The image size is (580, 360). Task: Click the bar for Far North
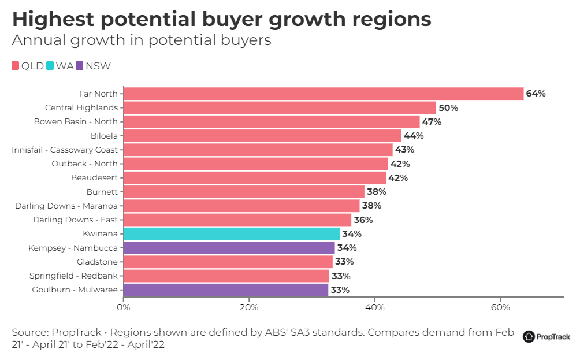[324, 94]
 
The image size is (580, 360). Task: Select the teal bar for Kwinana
[232, 233]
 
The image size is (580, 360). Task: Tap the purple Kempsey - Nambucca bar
[229, 248]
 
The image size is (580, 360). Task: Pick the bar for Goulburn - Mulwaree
[226, 290]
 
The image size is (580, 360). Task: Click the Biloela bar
[262, 136]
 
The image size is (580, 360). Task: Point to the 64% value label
[536, 94]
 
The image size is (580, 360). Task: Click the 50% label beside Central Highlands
[448, 107]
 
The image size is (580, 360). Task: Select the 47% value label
[432, 122]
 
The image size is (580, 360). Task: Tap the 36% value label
[363, 220]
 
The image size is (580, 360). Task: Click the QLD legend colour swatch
[16, 66]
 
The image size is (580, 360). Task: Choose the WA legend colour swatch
[50, 66]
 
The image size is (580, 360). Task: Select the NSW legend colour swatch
[80, 66]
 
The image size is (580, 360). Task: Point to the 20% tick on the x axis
[249, 307]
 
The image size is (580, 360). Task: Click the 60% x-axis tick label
[500, 307]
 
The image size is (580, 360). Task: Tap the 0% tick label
[124, 307]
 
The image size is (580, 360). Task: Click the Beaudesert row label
[94, 177]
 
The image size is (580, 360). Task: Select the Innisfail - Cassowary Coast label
[65, 150]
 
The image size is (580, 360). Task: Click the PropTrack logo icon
[529, 336]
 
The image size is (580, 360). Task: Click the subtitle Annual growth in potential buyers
[142, 40]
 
